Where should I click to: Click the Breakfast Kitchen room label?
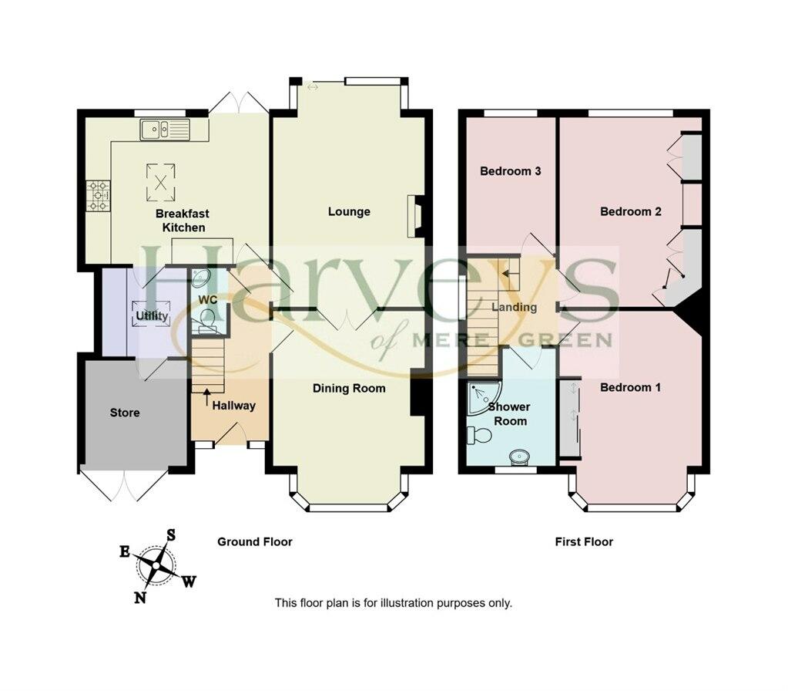[183, 220]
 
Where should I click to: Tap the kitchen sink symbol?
[164, 129]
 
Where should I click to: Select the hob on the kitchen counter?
[99, 195]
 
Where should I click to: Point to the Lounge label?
[349, 211]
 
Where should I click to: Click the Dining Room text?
[349, 388]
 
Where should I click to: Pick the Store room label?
[125, 413]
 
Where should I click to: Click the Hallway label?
[233, 406]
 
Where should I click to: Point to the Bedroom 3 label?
[510, 171]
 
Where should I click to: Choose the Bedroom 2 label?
[631, 211]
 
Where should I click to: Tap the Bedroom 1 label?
[630, 387]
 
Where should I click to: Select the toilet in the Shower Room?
[481, 436]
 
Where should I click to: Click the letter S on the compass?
[172, 534]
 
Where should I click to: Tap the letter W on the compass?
[188, 581]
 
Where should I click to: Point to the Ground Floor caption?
[254, 542]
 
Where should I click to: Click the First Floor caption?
[584, 542]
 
